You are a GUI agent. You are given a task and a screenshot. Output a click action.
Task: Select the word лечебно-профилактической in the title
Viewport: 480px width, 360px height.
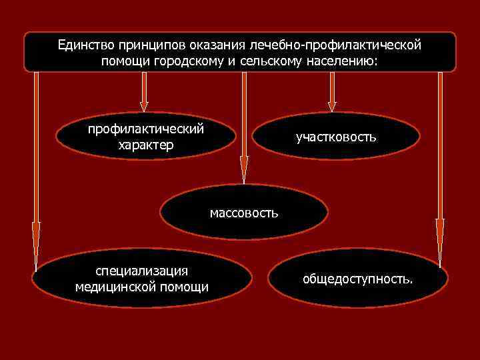(x=335, y=45)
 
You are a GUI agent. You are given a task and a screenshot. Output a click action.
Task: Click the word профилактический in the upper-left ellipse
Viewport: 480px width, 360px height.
(x=146, y=129)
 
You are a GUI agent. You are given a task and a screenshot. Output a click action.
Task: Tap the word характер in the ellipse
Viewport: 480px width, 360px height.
(x=145, y=145)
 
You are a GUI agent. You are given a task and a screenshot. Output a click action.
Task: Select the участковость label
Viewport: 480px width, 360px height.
(x=337, y=137)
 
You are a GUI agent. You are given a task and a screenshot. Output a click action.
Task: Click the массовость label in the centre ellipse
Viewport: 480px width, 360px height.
(x=244, y=213)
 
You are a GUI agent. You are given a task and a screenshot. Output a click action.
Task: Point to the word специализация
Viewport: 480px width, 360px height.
(x=141, y=271)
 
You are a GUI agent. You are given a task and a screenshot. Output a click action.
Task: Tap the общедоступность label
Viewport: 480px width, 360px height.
(x=357, y=279)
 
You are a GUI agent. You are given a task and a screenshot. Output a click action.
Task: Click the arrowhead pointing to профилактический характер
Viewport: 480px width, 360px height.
(x=143, y=105)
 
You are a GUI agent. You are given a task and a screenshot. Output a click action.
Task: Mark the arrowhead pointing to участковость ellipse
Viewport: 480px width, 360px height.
(x=332, y=105)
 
